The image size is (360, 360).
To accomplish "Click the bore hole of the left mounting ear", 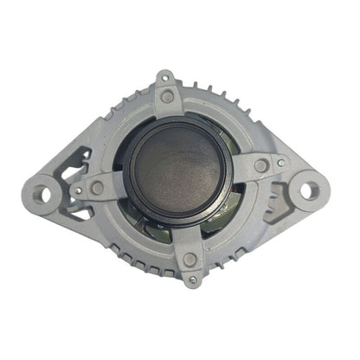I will [x=43, y=191].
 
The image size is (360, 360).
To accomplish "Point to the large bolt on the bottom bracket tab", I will [x=190, y=258].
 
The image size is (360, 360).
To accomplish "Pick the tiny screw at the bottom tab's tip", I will [x=192, y=280].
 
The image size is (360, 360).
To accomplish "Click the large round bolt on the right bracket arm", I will [x=260, y=165].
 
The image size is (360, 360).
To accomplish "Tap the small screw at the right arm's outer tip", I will [x=280, y=161].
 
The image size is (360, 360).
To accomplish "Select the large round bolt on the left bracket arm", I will [x=97, y=187].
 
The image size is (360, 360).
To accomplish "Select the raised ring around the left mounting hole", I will [x=43, y=179].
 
